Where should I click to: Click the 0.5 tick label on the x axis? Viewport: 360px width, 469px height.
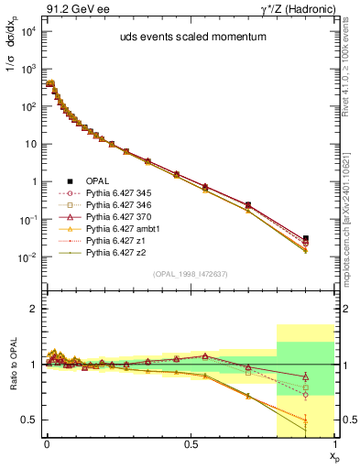point(190,442)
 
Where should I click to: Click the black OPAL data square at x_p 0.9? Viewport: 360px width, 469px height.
point(306,238)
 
